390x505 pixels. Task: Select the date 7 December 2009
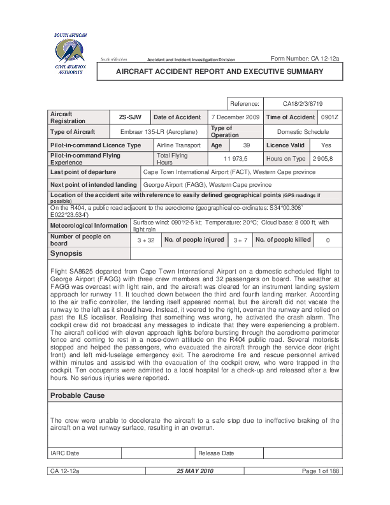pos(235,117)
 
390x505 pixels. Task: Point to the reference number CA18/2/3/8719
pos(302,103)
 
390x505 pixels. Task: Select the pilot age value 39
pos(247,145)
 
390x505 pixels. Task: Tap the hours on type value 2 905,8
pos(326,158)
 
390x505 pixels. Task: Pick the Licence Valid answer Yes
pos(326,145)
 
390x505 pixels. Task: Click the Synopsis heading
pos(66,254)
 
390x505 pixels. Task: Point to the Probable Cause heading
pos(77,395)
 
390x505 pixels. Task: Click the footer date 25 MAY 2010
pos(195,471)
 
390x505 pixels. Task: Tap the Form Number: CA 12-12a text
pos(305,59)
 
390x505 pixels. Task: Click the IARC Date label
pos(65,453)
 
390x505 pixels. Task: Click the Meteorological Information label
pos(89,225)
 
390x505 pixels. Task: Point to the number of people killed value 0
pos(328,240)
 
